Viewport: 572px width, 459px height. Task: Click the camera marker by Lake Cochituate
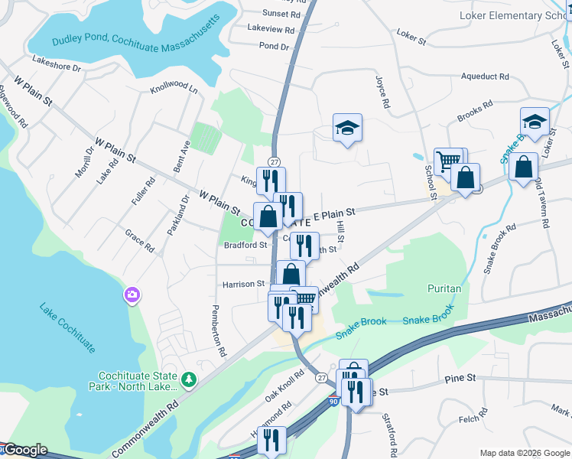132,295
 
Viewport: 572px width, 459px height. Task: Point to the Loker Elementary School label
512,15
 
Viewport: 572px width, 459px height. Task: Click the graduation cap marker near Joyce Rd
347,129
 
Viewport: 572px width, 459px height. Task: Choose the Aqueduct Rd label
485,76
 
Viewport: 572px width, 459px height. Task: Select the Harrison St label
243,284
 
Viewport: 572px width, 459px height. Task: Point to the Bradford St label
245,246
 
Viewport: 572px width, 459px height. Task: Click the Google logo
24,450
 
